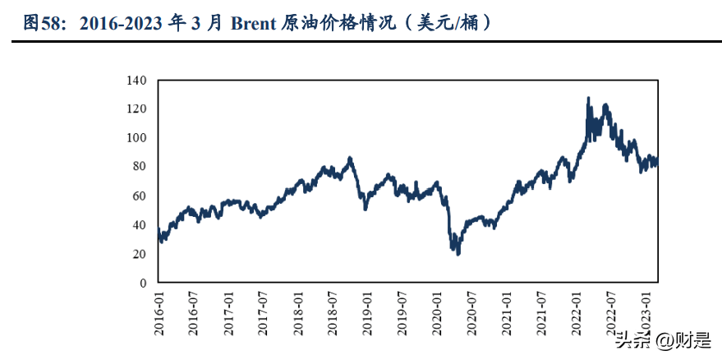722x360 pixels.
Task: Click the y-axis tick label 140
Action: pyautogui.click(x=136, y=81)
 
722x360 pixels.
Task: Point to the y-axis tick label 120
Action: pyautogui.click(x=136, y=109)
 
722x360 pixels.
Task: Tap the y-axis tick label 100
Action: pyautogui.click(x=136, y=138)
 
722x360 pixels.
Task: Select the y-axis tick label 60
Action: pyautogui.click(x=140, y=196)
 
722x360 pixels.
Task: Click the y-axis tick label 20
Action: pyautogui.click(x=140, y=254)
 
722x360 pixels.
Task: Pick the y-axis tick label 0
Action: pyautogui.click(x=143, y=283)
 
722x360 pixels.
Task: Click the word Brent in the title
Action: pyautogui.click(x=254, y=23)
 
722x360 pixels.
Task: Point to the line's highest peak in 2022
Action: pyautogui.click(x=588, y=98)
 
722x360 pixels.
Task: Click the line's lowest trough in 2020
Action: pyautogui.click(x=458, y=253)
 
